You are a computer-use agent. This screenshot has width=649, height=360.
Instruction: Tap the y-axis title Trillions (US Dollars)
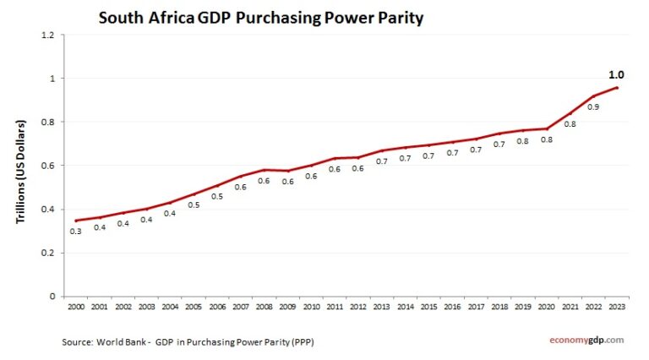22,172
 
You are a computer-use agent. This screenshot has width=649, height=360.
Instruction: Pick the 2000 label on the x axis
77,308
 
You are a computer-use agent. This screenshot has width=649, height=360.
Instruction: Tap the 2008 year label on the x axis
265,308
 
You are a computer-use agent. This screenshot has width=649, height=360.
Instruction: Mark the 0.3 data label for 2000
77,231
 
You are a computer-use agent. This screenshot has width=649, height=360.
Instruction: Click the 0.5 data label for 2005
194,205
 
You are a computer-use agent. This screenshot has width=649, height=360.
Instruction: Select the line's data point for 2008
265,170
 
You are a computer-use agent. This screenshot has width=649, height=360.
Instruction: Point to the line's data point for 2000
77,221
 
